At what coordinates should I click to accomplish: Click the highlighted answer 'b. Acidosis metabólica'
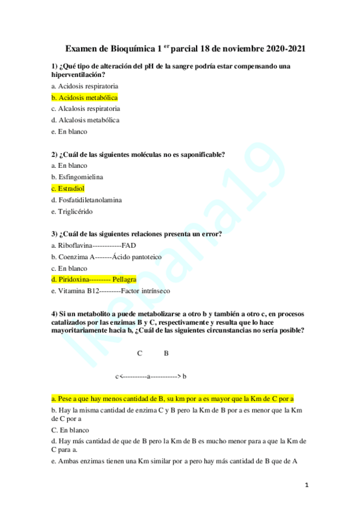[x=85, y=97]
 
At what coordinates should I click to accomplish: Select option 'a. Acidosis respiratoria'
[x=85, y=86]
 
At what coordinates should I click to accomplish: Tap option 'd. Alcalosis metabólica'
[x=85, y=120]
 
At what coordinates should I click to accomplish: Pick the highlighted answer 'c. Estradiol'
[x=68, y=188]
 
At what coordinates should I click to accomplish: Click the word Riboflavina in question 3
[x=75, y=245]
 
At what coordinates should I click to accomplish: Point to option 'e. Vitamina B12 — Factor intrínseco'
[x=111, y=290]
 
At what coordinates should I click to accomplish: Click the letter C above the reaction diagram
[x=139, y=353]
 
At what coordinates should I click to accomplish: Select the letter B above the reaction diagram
[x=166, y=353]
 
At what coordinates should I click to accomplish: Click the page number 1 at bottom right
[x=307, y=484]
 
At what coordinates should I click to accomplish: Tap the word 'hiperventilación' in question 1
[x=76, y=74]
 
